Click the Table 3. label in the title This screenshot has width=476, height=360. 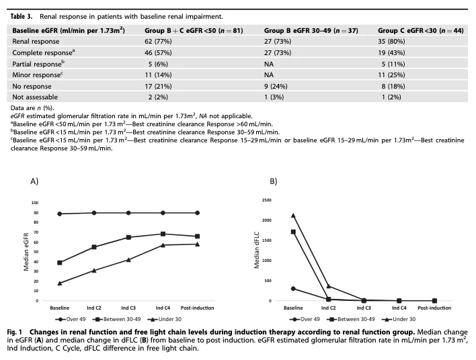point(23,13)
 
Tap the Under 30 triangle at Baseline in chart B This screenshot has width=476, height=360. point(293,216)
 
